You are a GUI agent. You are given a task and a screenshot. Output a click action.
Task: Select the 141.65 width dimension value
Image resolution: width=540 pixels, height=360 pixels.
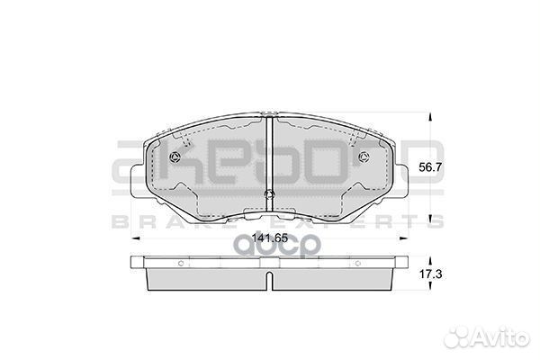click(270, 238)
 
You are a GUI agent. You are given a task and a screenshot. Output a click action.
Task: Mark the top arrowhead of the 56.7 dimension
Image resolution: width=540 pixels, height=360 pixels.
click(430, 116)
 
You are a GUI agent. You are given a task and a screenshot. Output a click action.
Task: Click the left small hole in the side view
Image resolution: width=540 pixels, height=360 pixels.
click(181, 263)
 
